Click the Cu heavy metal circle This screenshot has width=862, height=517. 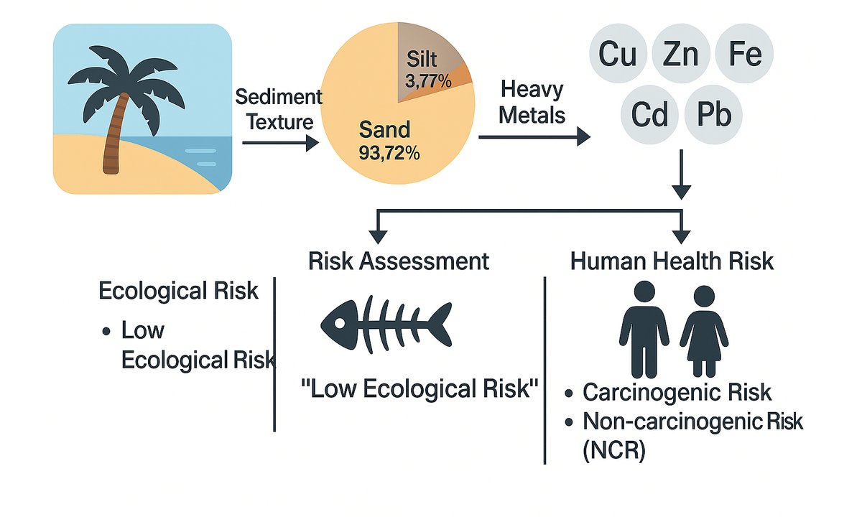(618, 55)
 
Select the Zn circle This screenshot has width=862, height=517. (681, 55)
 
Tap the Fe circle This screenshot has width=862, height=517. (745, 55)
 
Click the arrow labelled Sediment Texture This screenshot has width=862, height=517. (280, 144)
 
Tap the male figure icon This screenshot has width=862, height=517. (644, 327)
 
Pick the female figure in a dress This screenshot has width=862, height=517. (704, 330)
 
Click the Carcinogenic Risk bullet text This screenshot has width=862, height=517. (677, 393)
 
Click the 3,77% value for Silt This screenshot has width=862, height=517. (429, 81)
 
